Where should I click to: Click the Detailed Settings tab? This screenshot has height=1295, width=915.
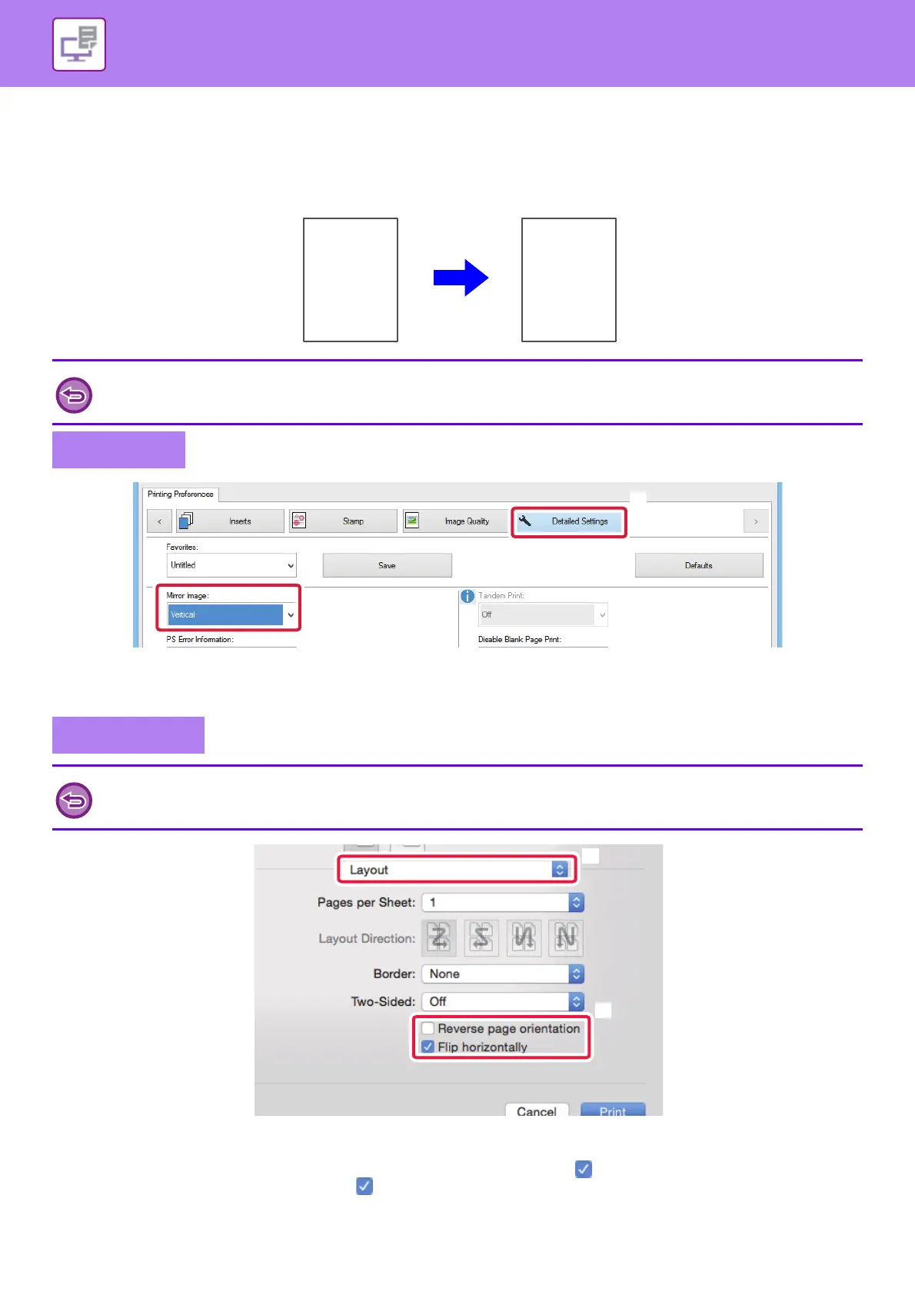(x=569, y=521)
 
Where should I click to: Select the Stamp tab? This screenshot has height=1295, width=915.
(x=343, y=521)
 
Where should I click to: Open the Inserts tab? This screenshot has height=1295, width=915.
(x=230, y=521)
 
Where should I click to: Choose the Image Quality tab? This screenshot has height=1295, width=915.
(x=456, y=521)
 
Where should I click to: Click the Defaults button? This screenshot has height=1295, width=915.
(x=698, y=565)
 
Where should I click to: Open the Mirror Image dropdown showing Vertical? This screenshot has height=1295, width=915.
(x=231, y=614)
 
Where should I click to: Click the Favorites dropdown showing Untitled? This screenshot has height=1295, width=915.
(x=231, y=565)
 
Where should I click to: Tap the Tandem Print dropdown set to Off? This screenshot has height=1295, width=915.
(x=543, y=614)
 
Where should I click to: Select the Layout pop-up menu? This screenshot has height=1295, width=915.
(x=457, y=870)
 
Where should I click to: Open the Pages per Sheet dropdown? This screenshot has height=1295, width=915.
(x=503, y=902)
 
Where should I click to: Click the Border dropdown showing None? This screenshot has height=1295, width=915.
(x=503, y=974)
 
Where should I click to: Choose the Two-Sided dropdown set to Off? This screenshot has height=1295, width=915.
(x=503, y=1001)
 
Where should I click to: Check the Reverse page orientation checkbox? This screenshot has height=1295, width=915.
(x=428, y=1029)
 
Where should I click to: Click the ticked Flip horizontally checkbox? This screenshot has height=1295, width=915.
(x=428, y=1047)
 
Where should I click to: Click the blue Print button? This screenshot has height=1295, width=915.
(x=612, y=1110)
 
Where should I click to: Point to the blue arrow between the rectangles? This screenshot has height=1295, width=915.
(x=461, y=278)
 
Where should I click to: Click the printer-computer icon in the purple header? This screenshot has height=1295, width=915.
(x=79, y=45)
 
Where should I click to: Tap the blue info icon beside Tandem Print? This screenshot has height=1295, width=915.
(x=467, y=596)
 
